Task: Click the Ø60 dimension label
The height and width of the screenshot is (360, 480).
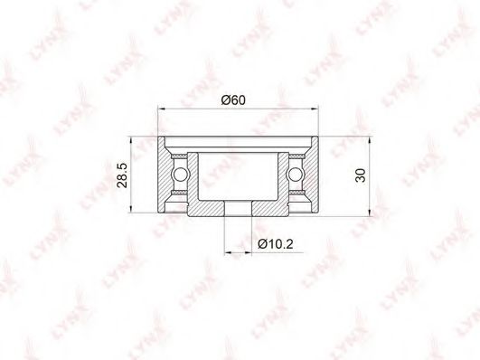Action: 233,99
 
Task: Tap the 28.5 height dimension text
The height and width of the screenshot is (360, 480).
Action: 122,175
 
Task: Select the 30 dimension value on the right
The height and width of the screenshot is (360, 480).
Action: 361,175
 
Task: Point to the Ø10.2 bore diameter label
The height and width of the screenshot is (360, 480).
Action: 276,244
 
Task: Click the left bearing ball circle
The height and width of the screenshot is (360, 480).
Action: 180,175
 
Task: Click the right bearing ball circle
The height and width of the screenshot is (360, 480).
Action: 295,175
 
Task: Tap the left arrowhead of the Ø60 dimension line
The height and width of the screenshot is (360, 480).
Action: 161,109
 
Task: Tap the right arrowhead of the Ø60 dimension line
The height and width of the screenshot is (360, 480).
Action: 315,109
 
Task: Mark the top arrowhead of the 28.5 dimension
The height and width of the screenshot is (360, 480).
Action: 131,140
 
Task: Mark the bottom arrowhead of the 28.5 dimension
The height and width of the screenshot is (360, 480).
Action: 131,208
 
